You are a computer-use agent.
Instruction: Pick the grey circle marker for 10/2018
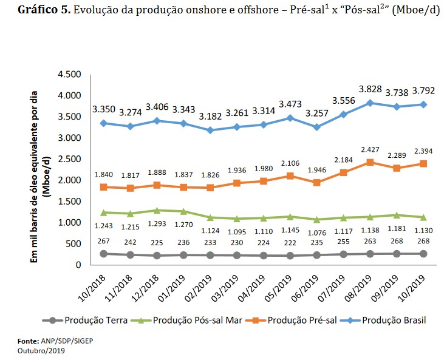point(104,254)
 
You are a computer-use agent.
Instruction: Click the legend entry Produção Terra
point(97,319)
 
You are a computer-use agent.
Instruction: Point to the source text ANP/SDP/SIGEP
point(60,342)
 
